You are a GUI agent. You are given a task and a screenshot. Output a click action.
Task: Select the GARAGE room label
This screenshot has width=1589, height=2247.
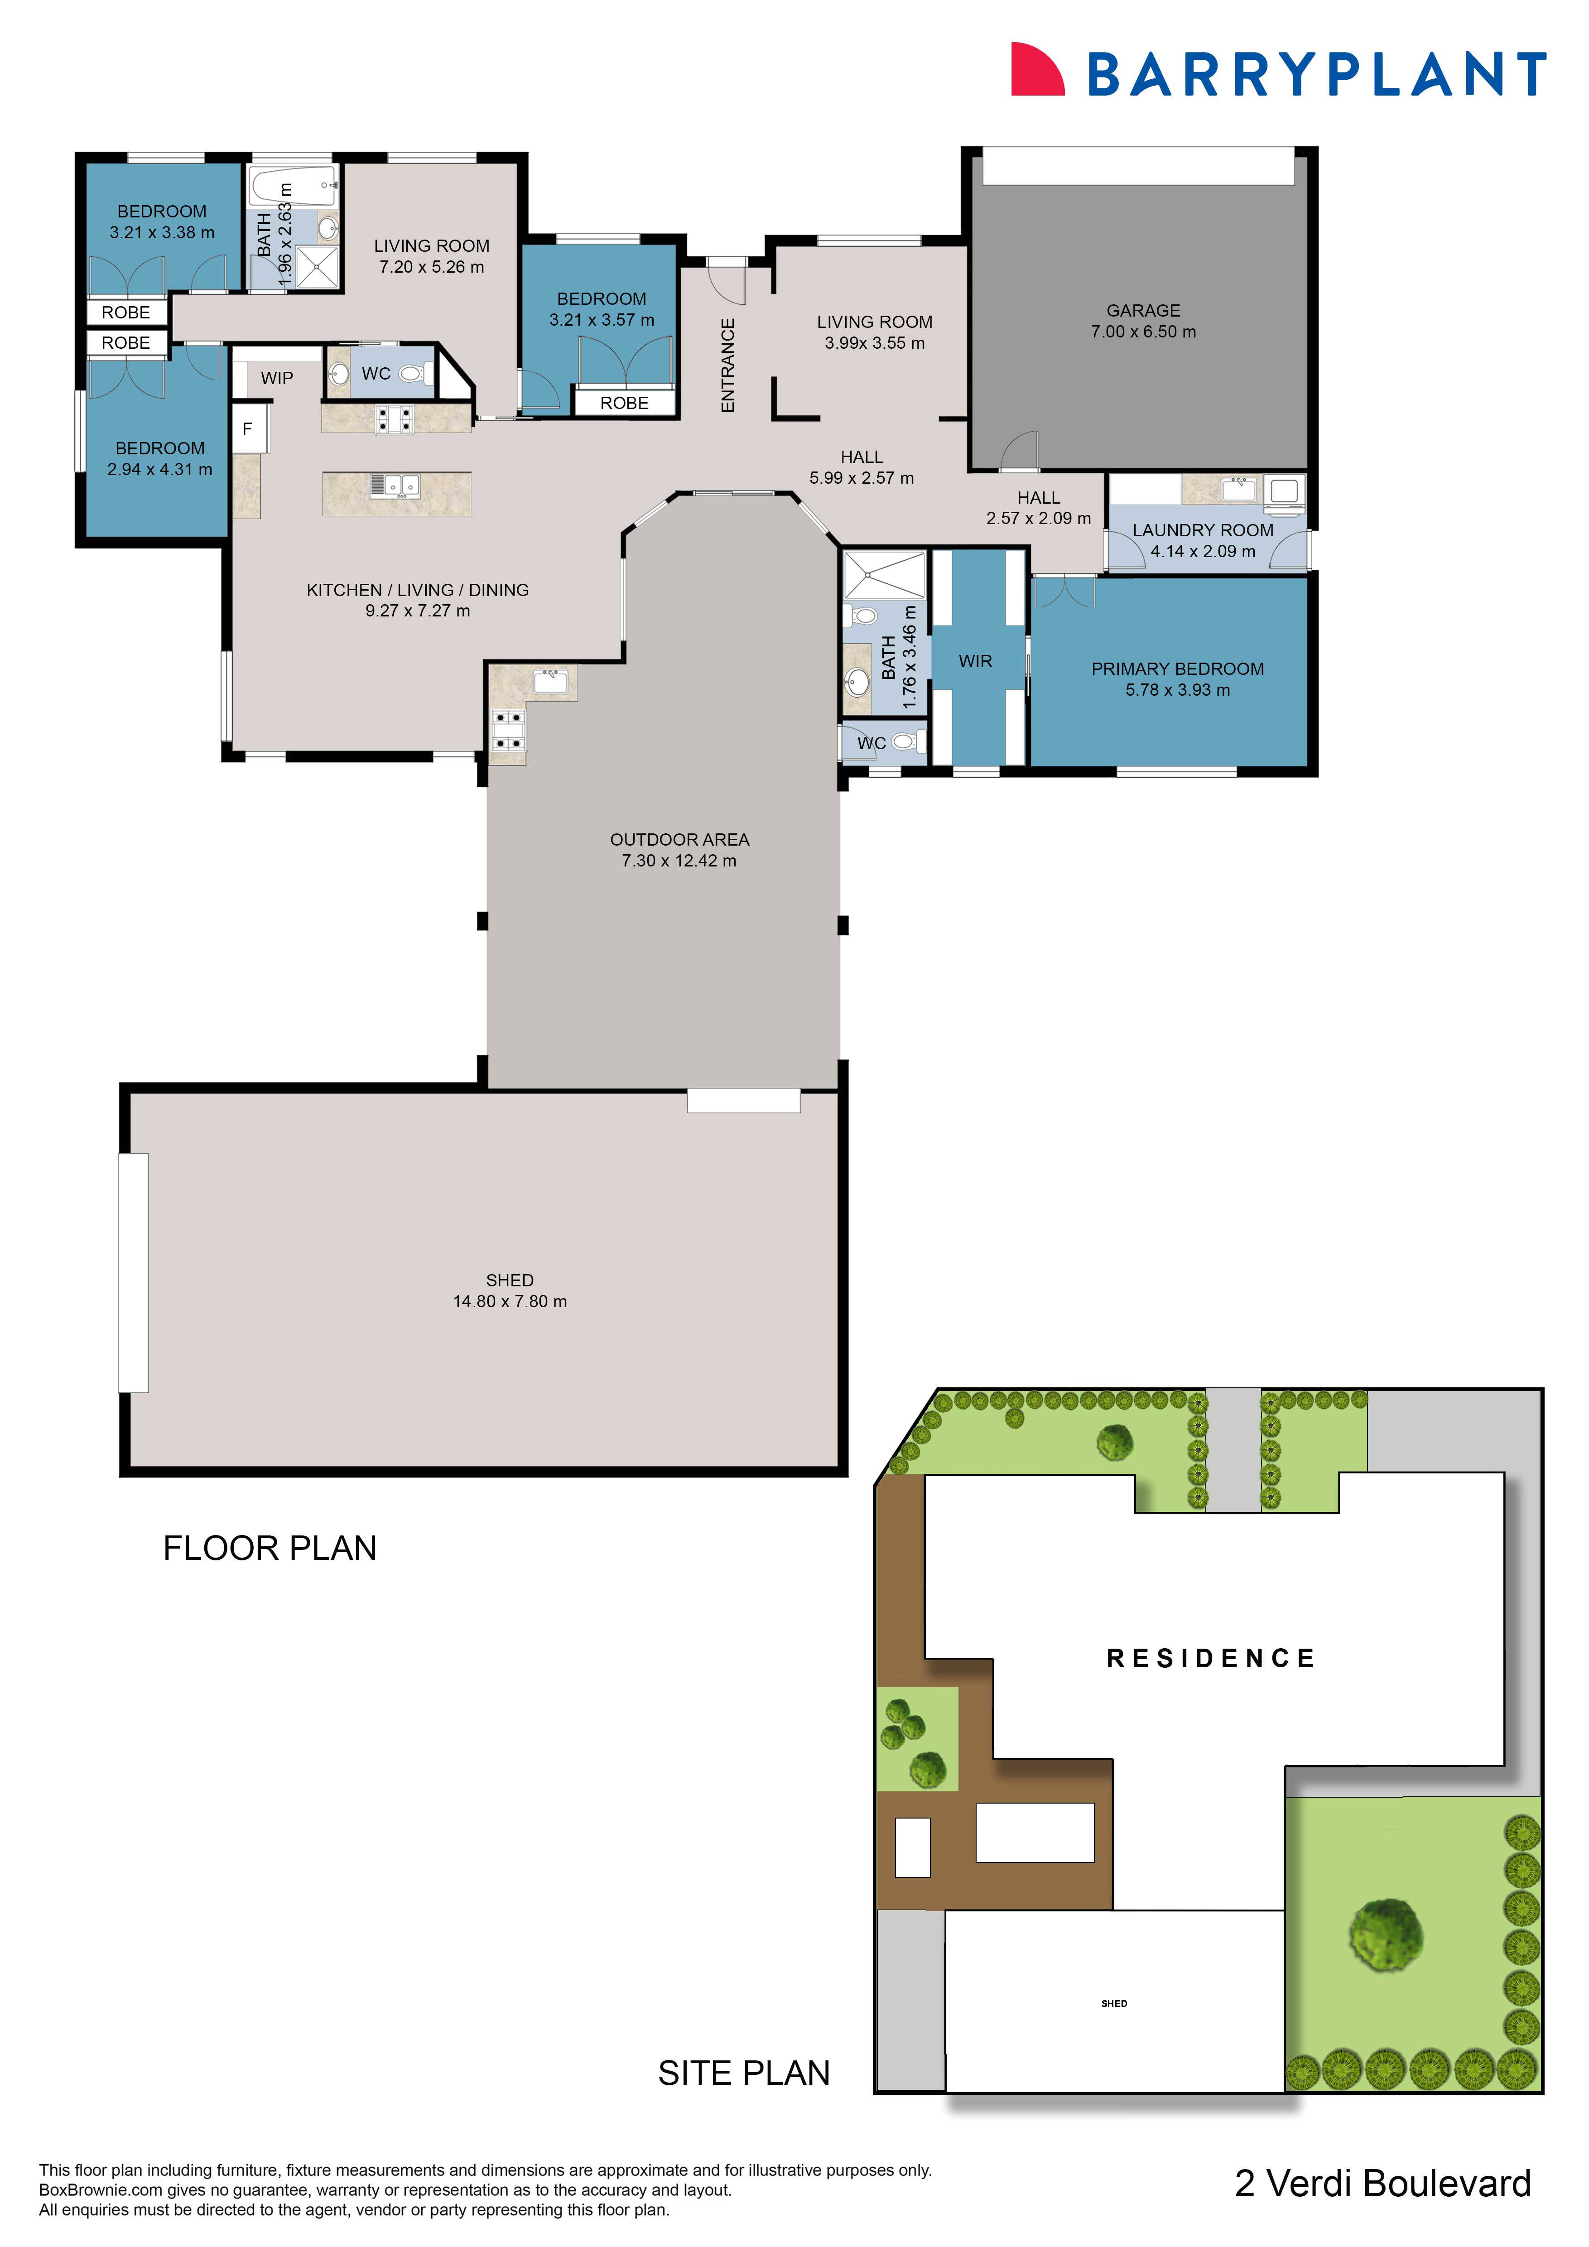click(x=1143, y=310)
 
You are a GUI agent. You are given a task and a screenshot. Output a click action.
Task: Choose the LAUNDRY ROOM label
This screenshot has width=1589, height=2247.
click(x=1203, y=530)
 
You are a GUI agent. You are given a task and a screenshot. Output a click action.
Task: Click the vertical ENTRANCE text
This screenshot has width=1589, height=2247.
click(x=727, y=365)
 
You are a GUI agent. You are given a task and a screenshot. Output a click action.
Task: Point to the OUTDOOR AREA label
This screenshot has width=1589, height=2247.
click(x=679, y=840)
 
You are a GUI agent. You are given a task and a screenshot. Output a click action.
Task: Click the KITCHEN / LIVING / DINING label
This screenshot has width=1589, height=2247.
click(x=418, y=590)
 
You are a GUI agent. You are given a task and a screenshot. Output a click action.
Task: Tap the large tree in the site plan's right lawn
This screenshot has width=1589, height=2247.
click(x=1386, y=1935)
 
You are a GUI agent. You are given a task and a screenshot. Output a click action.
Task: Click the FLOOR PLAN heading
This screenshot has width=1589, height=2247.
click(x=270, y=1548)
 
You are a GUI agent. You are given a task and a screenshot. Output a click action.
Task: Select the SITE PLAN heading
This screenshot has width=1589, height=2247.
click(x=744, y=2073)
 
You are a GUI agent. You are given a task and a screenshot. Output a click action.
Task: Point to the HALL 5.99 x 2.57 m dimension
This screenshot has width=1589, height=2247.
click(x=861, y=477)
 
